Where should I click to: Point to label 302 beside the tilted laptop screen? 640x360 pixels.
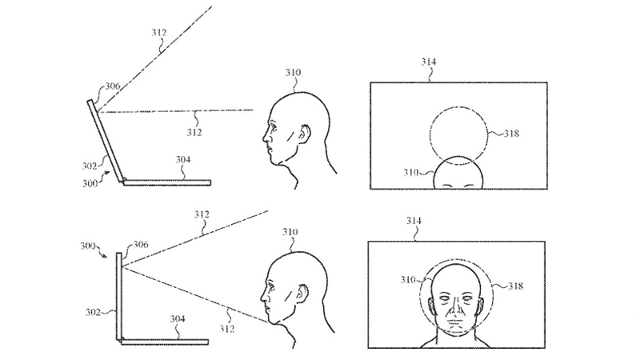pos(93,166)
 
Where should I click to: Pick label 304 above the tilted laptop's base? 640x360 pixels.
pos(182,160)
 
